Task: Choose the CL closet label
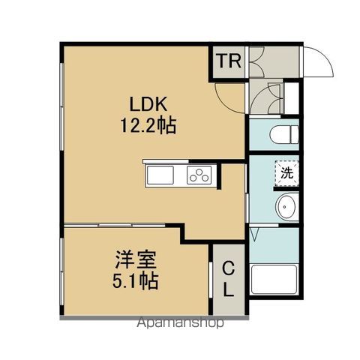click(x=229, y=278)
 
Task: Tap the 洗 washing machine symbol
click(x=286, y=172)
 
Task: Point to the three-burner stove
click(x=200, y=177)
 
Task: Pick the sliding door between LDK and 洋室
click(x=120, y=224)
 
